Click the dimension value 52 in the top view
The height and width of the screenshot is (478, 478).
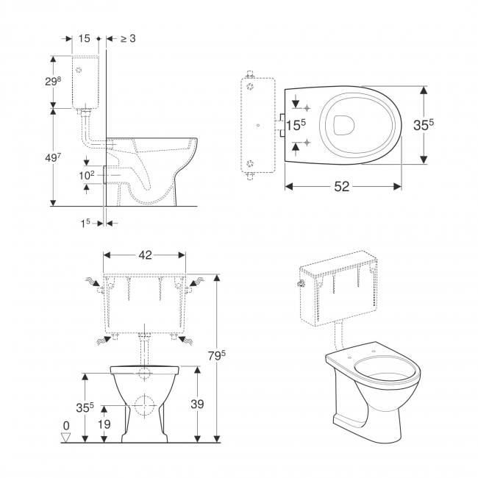pyautogui.click(x=342, y=187)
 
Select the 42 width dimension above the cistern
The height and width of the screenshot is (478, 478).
pyautogui.click(x=144, y=255)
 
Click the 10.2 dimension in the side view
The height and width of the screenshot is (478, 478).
pyautogui.click(x=86, y=176)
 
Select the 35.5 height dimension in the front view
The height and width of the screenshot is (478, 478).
pyautogui.click(x=65, y=406)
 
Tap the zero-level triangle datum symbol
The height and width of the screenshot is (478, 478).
pyautogui.click(x=66, y=438)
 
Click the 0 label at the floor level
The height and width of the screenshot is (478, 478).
pyautogui.click(x=65, y=426)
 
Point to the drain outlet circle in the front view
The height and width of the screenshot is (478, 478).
pyautogui.click(x=144, y=407)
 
